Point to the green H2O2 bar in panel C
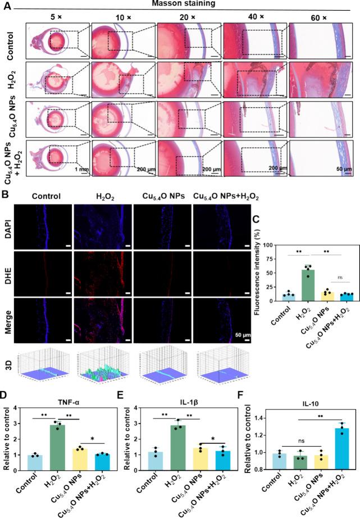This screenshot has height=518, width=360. (x=291, y=285)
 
